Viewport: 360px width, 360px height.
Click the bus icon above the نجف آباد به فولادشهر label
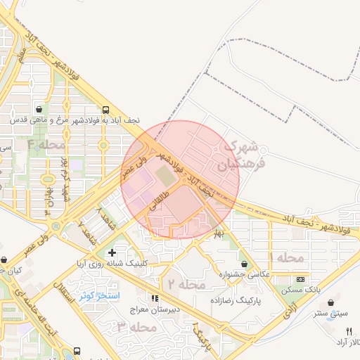click(x=105, y=110)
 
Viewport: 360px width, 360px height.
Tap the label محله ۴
click(x=46, y=145)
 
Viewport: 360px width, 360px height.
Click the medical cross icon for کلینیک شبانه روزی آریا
click(x=112, y=252)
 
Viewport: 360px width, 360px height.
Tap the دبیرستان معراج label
click(x=153, y=309)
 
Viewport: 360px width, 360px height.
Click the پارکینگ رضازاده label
click(x=236, y=300)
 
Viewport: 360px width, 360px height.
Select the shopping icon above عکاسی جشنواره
click(x=244, y=264)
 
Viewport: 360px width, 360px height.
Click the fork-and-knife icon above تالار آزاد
click(x=348, y=330)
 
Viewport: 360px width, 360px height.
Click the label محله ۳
click(x=136, y=327)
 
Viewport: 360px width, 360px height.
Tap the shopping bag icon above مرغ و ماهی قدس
click(x=38, y=110)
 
